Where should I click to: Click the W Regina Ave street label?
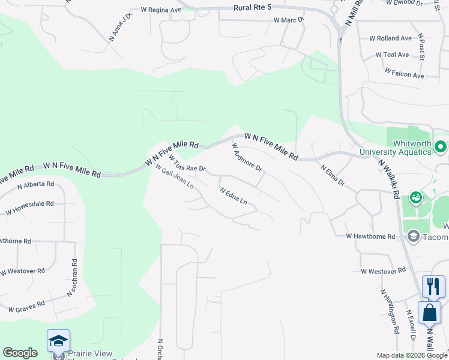pos(161,10)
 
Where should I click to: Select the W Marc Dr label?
pos(289,20)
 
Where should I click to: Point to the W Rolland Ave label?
pos(394,38)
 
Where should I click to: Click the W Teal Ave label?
pos(392,55)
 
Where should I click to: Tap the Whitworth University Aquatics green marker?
pos(441,146)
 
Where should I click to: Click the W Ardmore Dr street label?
pos(247,157)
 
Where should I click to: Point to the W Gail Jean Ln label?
pos(174,176)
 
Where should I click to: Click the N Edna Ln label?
pos(234,196)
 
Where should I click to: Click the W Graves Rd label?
pos(26,307)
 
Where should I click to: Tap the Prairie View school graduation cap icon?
pos(59,341)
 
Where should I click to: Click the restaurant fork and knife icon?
pos(433,286)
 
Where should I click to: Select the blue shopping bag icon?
pos(429,312)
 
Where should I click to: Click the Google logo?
pos(20,353)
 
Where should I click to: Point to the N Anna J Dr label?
pos(120,28)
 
